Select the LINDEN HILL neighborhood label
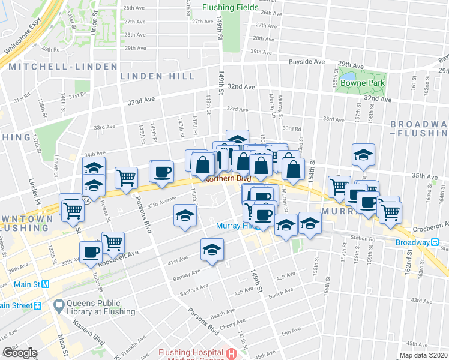pyautogui.click(x=157, y=76)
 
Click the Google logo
pyautogui.click(x=20, y=353)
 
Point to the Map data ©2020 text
pyautogui.click(x=424, y=355)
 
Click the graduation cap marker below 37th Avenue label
pyautogui.click(x=185, y=215)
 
